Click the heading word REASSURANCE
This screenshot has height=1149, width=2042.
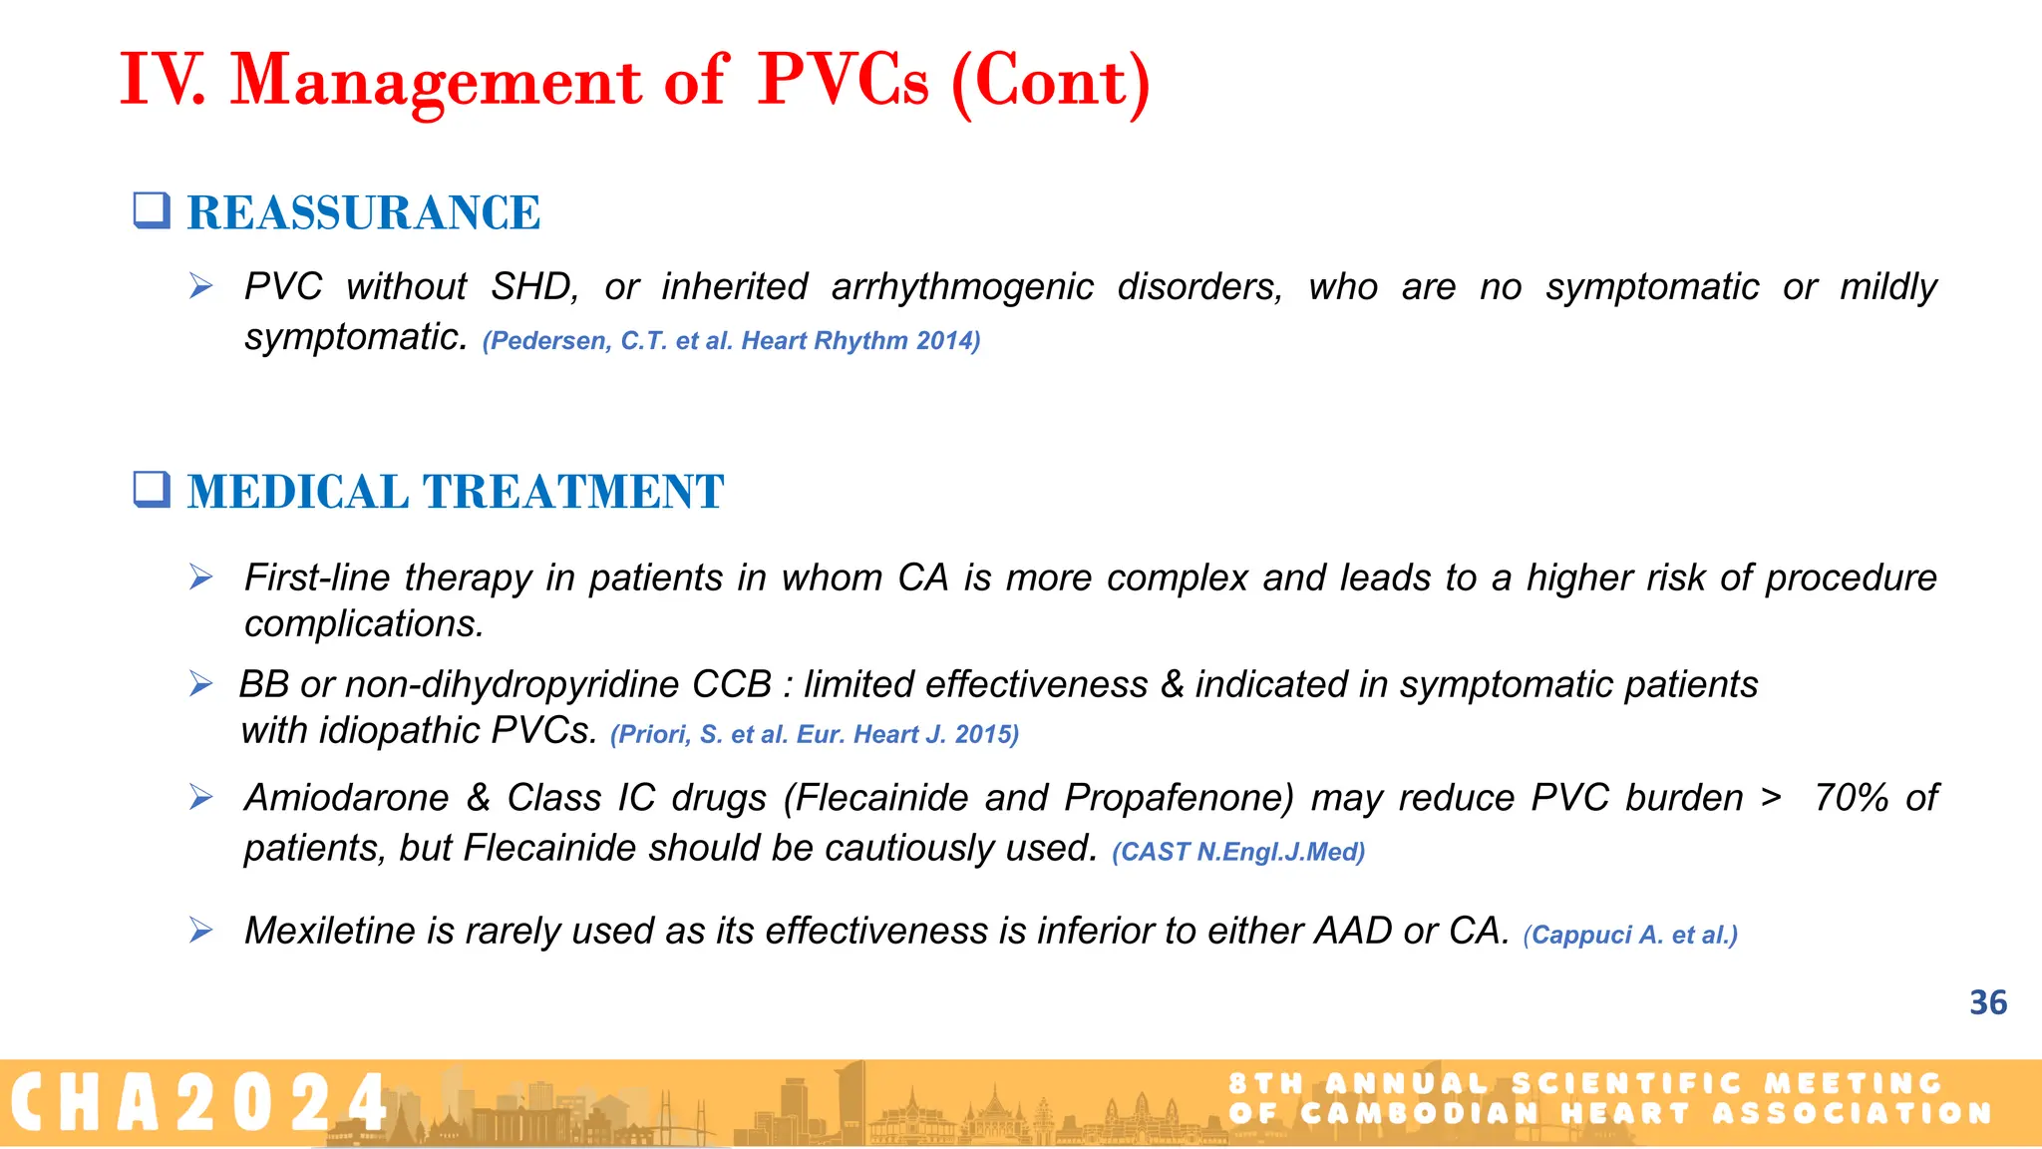click(363, 213)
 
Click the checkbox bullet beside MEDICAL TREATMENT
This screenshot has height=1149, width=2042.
click(153, 490)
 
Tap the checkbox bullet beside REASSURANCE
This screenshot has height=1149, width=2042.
click(153, 210)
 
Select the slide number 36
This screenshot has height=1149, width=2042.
click(1987, 1002)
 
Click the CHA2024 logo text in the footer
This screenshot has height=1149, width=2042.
click(199, 1103)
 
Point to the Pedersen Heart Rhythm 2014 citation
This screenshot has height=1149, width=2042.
click(731, 341)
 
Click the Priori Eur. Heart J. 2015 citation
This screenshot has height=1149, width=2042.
click(814, 735)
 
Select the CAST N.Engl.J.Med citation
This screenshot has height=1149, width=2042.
click(1237, 852)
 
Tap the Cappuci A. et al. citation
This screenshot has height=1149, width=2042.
click(1629, 936)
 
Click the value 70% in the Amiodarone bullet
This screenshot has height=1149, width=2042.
click(1851, 798)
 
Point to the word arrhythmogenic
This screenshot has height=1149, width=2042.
click(962, 287)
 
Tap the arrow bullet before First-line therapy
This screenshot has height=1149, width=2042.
click(201, 577)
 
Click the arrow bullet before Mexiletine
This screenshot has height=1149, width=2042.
click(201, 931)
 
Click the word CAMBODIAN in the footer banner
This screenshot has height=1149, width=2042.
click(1420, 1113)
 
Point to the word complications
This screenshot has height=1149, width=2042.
click(364, 624)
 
